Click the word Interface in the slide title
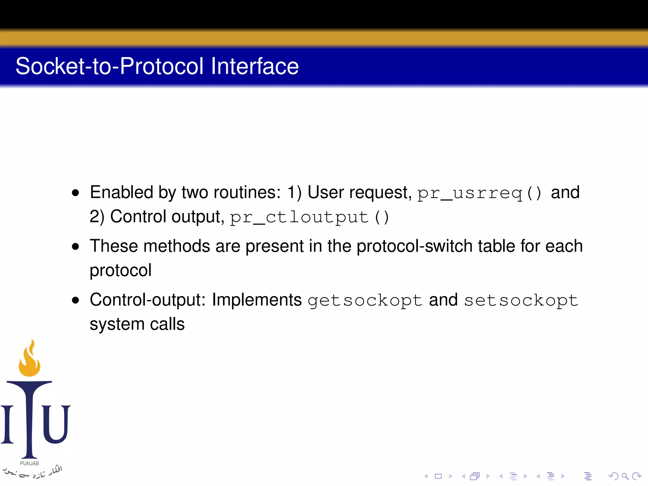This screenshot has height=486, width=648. pyautogui.click(x=255, y=66)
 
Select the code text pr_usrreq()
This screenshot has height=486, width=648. pyautogui.click(x=479, y=193)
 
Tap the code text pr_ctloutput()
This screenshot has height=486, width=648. pyautogui.click(x=309, y=217)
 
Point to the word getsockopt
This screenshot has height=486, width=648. pyautogui.click(x=365, y=300)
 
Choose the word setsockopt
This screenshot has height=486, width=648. pyautogui.click(x=521, y=300)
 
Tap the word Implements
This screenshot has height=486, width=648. pyautogui.click(x=257, y=300)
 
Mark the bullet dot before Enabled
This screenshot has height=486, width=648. pyautogui.click(x=75, y=193)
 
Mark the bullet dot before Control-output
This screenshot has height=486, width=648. pyautogui.click(x=75, y=300)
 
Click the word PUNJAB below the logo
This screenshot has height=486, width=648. pyautogui.click(x=29, y=464)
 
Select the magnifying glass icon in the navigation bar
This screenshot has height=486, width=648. pyautogui.click(x=625, y=476)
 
